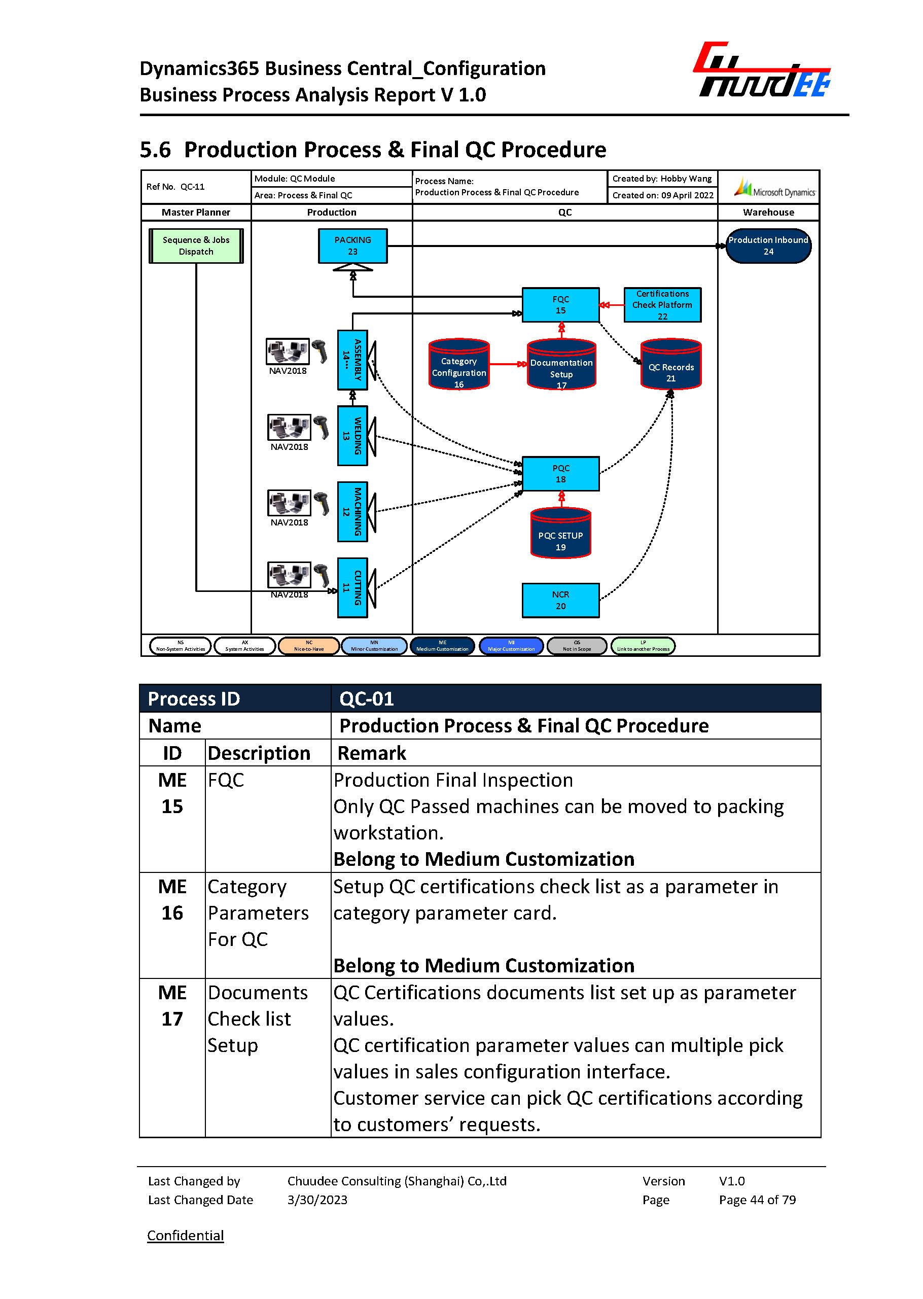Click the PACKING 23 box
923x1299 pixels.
coord(352,245)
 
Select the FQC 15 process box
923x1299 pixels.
coord(560,305)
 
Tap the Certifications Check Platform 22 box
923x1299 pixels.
coord(662,305)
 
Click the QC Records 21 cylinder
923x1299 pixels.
coord(670,367)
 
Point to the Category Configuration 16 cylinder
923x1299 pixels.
coord(458,367)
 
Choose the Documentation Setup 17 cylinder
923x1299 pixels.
coord(561,367)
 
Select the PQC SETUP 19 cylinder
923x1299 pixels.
coord(560,536)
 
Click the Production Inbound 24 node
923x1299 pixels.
coord(768,245)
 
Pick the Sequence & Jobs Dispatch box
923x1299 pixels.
coord(196,245)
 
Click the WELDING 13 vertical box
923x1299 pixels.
coord(352,436)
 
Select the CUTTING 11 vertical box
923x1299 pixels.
coord(352,587)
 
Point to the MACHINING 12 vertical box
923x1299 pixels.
coord(352,511)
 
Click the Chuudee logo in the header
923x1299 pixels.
coord(762,71)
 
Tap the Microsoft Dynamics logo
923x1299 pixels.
coord(774,188)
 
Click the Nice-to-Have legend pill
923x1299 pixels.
coord(309,646)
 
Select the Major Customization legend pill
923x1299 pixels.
coord(511,646)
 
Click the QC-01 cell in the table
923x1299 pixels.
coord(575,698)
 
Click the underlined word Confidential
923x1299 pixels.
coord(185,1235)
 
